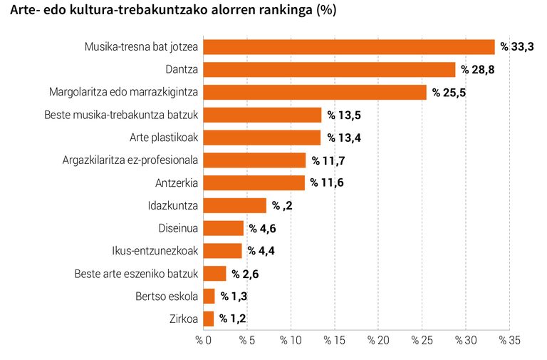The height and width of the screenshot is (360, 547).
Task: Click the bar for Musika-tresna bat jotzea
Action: (349, 47)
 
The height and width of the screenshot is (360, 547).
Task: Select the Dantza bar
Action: (329, 70)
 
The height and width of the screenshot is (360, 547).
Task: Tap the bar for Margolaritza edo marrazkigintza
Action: (315, 92)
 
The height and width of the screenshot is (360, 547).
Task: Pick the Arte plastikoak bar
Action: (262, 138)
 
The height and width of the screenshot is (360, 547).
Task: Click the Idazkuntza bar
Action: (235, 206)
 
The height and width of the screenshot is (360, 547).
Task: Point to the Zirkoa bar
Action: (209, 319)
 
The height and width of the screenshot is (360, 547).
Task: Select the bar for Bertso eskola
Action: (209, 296)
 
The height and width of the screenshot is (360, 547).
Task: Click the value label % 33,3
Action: (517, 47)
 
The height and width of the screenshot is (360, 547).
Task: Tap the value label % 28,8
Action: (477, 70)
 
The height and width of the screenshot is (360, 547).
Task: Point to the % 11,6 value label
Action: (328, 183)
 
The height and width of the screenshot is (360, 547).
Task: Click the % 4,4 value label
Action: (264, 251)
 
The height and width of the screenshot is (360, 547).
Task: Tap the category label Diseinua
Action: (178, 229)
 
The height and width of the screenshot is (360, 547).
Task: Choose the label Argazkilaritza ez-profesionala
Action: (130, 160)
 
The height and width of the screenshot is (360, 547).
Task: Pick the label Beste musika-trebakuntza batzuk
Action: (121, 115)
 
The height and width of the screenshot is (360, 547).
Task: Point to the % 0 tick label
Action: (204, 341)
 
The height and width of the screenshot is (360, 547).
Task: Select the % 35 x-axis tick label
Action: (509, 341)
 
